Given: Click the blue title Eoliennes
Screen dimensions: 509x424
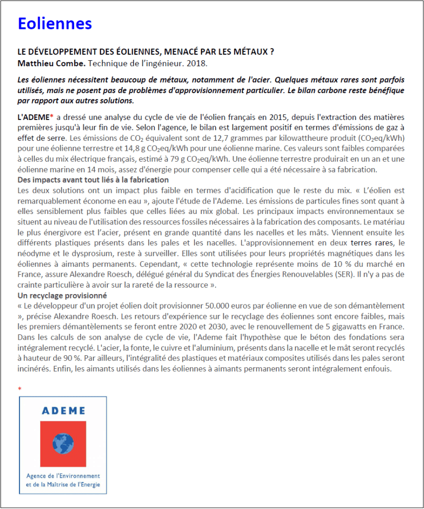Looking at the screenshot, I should [x=55, y=23].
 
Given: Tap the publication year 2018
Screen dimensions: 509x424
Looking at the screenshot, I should [x=197, y=64].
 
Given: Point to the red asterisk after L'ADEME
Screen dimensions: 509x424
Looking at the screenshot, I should [x=51, y=117].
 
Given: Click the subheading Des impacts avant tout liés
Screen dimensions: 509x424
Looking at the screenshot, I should [x=93, y=180].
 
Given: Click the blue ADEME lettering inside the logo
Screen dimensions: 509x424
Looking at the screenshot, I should [x=63, y=411].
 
